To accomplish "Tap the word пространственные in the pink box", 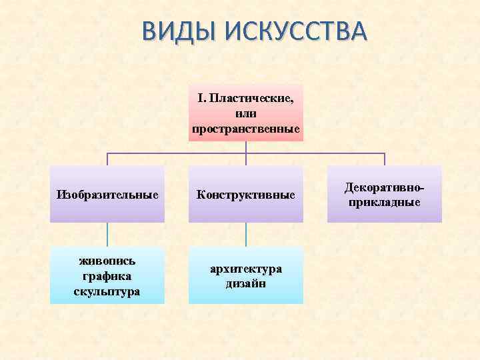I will (246, 128).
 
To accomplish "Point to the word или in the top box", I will (246, 113).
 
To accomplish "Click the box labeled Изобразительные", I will (107, 195).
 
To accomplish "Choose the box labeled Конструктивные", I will (246, 195).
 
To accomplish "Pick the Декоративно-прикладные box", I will (385, 193).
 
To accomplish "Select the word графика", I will (107, 276).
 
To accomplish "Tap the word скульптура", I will (107, 291).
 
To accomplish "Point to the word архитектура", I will (246, 268).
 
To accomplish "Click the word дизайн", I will (246, 283).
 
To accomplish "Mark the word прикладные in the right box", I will (385, 201).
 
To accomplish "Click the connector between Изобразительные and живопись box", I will (107, 235).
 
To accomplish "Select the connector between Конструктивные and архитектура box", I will (246, 235).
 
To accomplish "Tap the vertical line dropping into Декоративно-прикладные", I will (385, 159).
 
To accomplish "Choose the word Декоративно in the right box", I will (383, 187).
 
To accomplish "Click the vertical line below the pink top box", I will (246, 147).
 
